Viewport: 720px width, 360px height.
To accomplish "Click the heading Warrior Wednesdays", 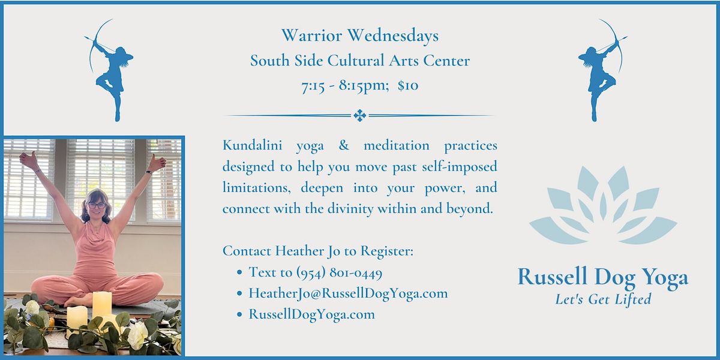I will pyautogui.click(x=360, y=36).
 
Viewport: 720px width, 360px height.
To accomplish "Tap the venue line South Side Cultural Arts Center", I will pyautogui.click(x=360, y=61).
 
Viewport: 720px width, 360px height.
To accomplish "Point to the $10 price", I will pyautogui.click(x=408, y=86).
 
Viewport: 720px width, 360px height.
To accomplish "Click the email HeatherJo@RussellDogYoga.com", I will pyautogui.click(x=348, y=293).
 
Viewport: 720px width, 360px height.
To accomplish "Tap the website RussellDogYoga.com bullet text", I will pyautogui.click(x=311, y=314).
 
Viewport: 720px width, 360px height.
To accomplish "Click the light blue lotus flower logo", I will pyautogui.click(x=603, y=204).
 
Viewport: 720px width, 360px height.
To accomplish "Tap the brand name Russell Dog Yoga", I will pyautogui.click(x=602, y=277).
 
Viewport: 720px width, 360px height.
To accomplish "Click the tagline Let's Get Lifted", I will pyautogui.click(x=602, y=299).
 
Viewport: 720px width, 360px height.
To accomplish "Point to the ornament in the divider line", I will pyautogui.click(x=359, y=115).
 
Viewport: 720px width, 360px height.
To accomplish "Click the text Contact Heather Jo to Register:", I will pyautogui.click(x=318, y=251).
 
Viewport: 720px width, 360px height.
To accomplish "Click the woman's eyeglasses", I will pyautogui.click(x=97, y=205).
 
